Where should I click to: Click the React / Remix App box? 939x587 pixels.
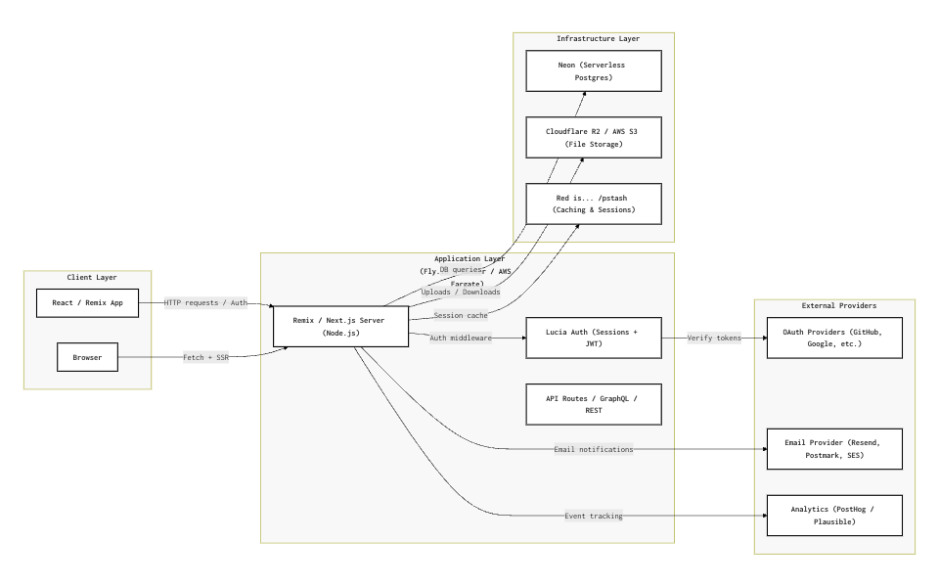(x=88, y=302)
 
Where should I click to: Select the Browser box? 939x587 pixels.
(x=87, y=357)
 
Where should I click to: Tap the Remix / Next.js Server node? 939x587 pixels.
(x=340, y=326)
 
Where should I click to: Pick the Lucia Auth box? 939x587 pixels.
(x=594, y=338)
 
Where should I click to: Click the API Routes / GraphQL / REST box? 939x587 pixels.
(x=594, y=404)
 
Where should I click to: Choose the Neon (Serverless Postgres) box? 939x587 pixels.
(x=594, y=70)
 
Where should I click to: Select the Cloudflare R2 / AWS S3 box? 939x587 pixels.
(x=594, y=137)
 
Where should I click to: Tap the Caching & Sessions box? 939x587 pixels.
(x=594, y=203)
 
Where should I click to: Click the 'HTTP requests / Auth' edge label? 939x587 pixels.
(x=205, y=302)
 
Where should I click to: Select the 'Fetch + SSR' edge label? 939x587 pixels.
(x=205, y=357)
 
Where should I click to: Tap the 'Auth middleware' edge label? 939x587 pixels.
(x=461, y=338)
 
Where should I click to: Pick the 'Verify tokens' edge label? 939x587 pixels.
(x=714, y=338)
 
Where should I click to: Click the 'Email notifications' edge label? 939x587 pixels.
(x=594, y=449)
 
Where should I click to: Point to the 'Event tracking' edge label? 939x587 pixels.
(x=594, y=516)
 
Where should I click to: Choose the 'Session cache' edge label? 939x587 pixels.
(x=461, y=315)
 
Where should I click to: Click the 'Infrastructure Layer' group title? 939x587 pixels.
(x=594, y=38)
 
